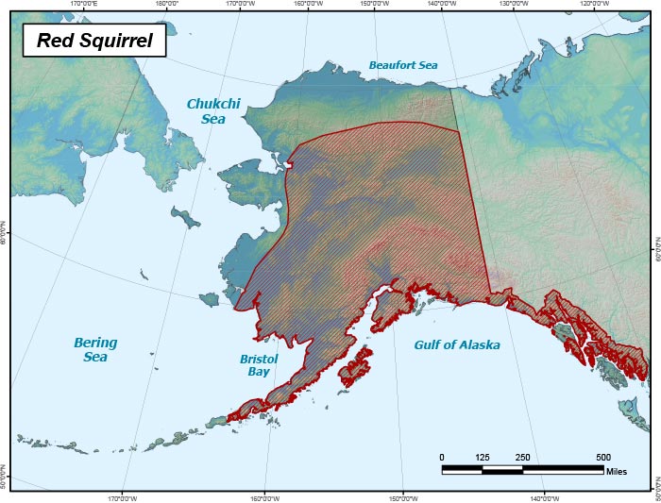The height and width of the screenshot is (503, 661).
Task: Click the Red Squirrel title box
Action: pos(93,41)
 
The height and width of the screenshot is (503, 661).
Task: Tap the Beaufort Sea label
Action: pos(403,66)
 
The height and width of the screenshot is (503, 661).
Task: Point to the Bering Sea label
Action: pos(95,349)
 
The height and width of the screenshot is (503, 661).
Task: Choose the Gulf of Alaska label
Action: pos(457,344)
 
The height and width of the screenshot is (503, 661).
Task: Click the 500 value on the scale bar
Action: pos(602,457)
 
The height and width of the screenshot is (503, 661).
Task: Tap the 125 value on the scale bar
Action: pos(483,457)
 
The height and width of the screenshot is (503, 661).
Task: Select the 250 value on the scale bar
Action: pos(522,457)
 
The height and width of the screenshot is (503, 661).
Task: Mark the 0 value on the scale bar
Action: pos(442,457)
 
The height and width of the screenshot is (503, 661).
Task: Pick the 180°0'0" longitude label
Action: pos(166,4)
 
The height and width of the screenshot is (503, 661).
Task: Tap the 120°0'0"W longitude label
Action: pos(594,4)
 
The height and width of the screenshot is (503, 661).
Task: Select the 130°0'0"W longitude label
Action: pos(513,4)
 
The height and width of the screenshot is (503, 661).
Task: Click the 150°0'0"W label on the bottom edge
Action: pos(403,498)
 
